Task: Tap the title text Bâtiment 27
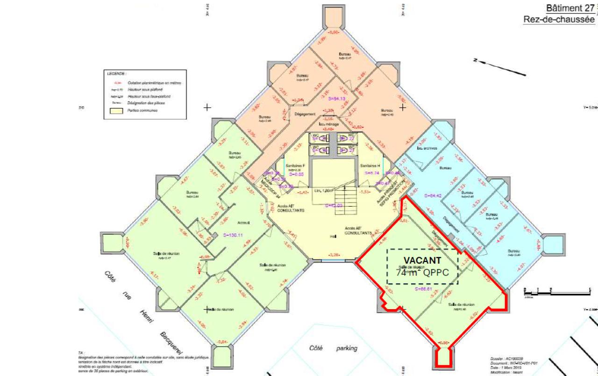[x=570, y=8]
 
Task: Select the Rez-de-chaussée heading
[x=559, y=20]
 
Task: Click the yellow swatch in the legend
[x=116, y=111]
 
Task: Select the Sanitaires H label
[x=370, y=166]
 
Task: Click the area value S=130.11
[x=234, y=235]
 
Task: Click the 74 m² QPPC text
[x=422, y=273]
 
